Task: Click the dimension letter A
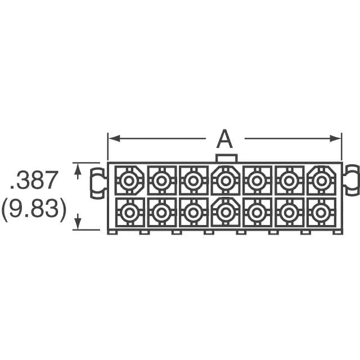(x=224, y=138)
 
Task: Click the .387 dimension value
(x=34, y=181)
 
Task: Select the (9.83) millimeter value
(x=34, y=209)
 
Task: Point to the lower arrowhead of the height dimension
(x=78, y=224)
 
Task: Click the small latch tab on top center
(x=226, y=158)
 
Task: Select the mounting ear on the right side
(x=352, y=180)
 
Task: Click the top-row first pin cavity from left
(x=129, y=181)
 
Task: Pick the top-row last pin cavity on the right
(x=321, y=181)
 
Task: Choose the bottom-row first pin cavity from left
(x=129, y=212)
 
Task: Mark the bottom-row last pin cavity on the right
(x=321, y=212)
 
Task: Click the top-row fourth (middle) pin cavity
(x=226, y=181)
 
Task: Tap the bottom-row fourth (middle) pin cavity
(x=226, y=212)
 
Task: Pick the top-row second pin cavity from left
(x=161, y=181)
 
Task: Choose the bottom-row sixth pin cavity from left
(x=289, y=212)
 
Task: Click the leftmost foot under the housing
(x=112, y=231)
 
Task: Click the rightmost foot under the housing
(x=337, y=231)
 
